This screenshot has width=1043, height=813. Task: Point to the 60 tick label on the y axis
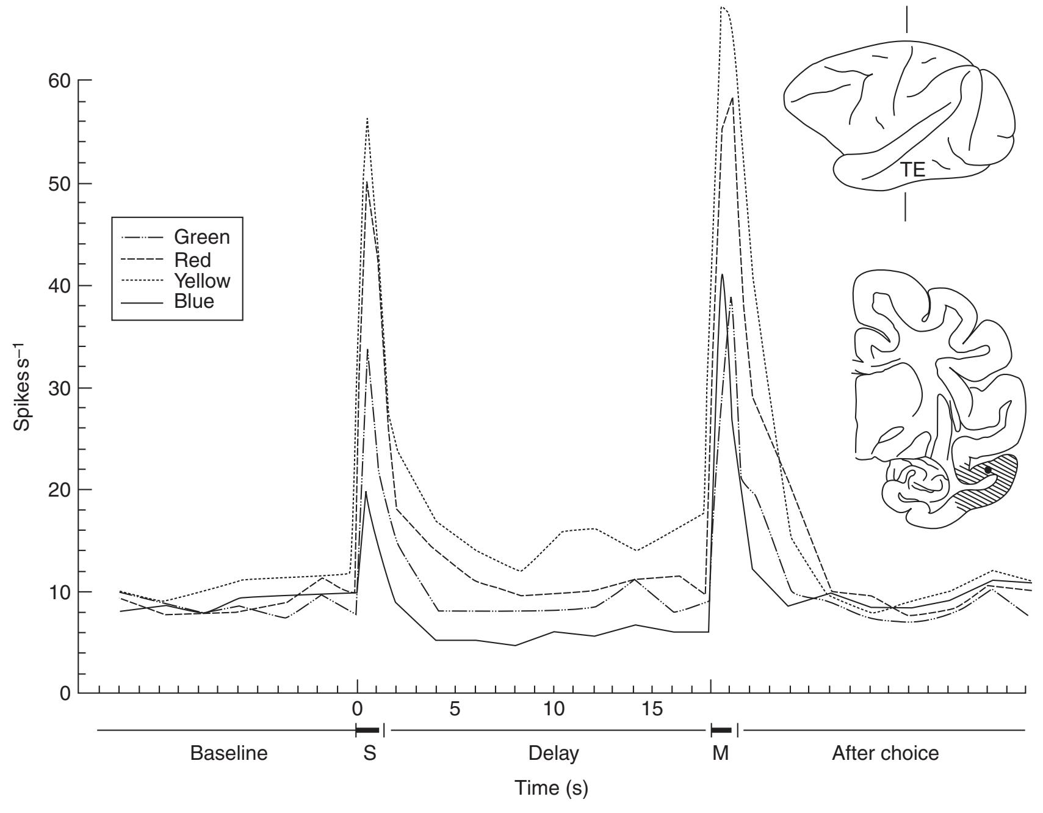(59, 81)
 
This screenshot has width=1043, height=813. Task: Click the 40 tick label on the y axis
(59, 286)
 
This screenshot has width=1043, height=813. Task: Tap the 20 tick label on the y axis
(59, 490)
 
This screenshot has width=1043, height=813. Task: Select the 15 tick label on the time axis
(652, 709)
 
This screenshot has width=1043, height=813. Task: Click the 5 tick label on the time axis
(455, 709)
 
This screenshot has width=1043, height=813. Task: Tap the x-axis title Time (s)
(551, 788)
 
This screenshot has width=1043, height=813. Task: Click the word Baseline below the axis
(229, 753)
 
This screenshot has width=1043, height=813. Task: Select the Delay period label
(554, 753)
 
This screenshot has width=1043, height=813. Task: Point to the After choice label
(885, 753)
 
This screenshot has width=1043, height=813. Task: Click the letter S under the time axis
(369, 753)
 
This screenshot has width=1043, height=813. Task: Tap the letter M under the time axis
(721, 753)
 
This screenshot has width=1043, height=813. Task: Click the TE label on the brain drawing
(913, 170)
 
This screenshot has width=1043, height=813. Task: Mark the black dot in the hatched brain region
(988, 470)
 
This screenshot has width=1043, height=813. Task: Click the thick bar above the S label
(367, 730)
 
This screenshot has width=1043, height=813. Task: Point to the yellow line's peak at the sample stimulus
(367, 118)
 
